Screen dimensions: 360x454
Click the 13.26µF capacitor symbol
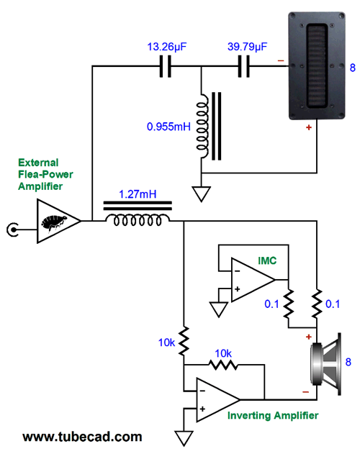tap(165, 66)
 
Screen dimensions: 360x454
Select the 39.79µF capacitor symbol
tap(244, 66)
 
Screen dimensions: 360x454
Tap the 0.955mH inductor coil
tap(202, 126)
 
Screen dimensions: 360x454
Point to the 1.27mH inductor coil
tap(138, 220)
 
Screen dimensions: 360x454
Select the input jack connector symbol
tap(13, 230)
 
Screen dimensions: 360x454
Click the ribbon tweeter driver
tap(317, 65)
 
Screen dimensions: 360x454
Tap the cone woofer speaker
tap(325, 364)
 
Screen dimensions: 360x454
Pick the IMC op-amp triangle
tap(253, 280)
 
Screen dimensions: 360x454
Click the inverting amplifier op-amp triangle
tap(218, 399)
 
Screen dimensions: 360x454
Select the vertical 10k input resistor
tap(184, 341)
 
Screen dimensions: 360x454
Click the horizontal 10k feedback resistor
tap(223, 365)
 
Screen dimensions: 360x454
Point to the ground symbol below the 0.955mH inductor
tap(201, 194)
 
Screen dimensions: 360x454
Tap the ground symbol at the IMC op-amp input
tap(219, 309)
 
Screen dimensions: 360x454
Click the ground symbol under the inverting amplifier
tap(184, 438)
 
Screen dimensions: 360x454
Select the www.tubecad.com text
tap(82, 437)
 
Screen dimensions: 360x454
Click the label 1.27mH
tap(138, 194)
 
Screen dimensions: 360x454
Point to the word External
tap(38, 163)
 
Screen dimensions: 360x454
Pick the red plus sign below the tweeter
tap(309, 127)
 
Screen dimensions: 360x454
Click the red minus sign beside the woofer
tap(306, 392)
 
